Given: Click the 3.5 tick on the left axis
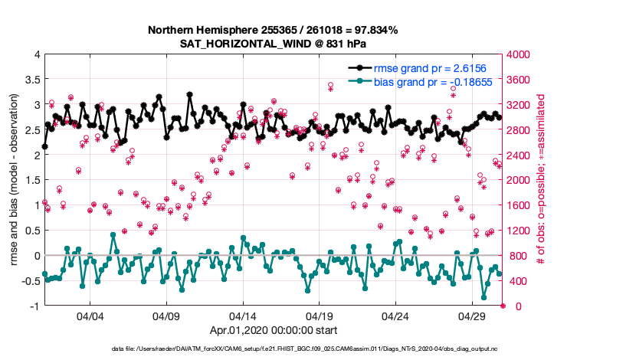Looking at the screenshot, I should point(31,80).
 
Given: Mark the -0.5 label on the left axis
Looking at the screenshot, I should point(29,281).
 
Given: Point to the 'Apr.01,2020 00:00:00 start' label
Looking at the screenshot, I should point(274,331).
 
